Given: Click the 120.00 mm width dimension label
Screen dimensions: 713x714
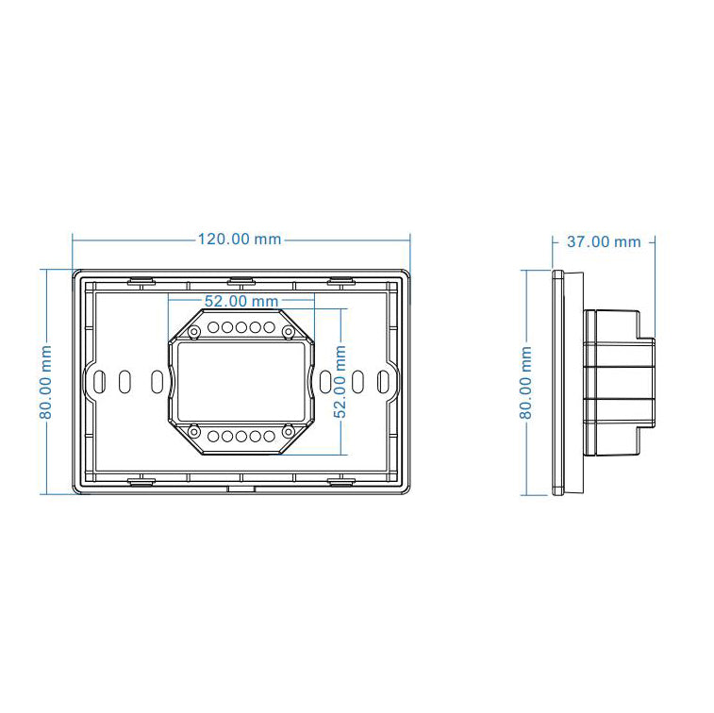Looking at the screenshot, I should click(240, 239).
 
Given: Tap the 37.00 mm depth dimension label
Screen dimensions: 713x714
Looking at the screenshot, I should click(603, 241).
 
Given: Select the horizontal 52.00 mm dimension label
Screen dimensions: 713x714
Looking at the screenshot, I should click(241, 301).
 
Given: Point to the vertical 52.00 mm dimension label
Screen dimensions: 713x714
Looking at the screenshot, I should click(340, 381).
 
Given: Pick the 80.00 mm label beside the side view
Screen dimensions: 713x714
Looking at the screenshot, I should click(526, 381).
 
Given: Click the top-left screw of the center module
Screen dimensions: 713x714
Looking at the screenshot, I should click(194, 332).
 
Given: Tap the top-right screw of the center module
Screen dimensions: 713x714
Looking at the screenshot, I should click(287, 332).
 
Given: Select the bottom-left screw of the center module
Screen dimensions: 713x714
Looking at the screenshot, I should click(194, 432).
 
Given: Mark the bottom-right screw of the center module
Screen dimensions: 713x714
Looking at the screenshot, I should click(287, 432).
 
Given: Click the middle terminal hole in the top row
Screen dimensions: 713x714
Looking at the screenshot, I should click(241, 327).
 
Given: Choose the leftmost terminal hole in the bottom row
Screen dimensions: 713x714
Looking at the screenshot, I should click(214, 436).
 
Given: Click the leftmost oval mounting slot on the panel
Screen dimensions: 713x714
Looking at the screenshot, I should click(98, 381).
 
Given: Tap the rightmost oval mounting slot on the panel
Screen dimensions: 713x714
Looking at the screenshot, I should click(383, 381).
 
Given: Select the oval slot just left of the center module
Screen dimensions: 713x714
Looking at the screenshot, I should click(157, 381).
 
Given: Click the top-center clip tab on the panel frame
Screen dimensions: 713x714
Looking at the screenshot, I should click(241, 280).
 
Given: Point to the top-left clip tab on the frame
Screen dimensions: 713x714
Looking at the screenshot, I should click(141, 280).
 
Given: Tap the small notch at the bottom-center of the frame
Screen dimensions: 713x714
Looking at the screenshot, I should click(241, 490).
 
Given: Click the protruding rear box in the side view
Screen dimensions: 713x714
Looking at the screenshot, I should click(618, 381).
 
